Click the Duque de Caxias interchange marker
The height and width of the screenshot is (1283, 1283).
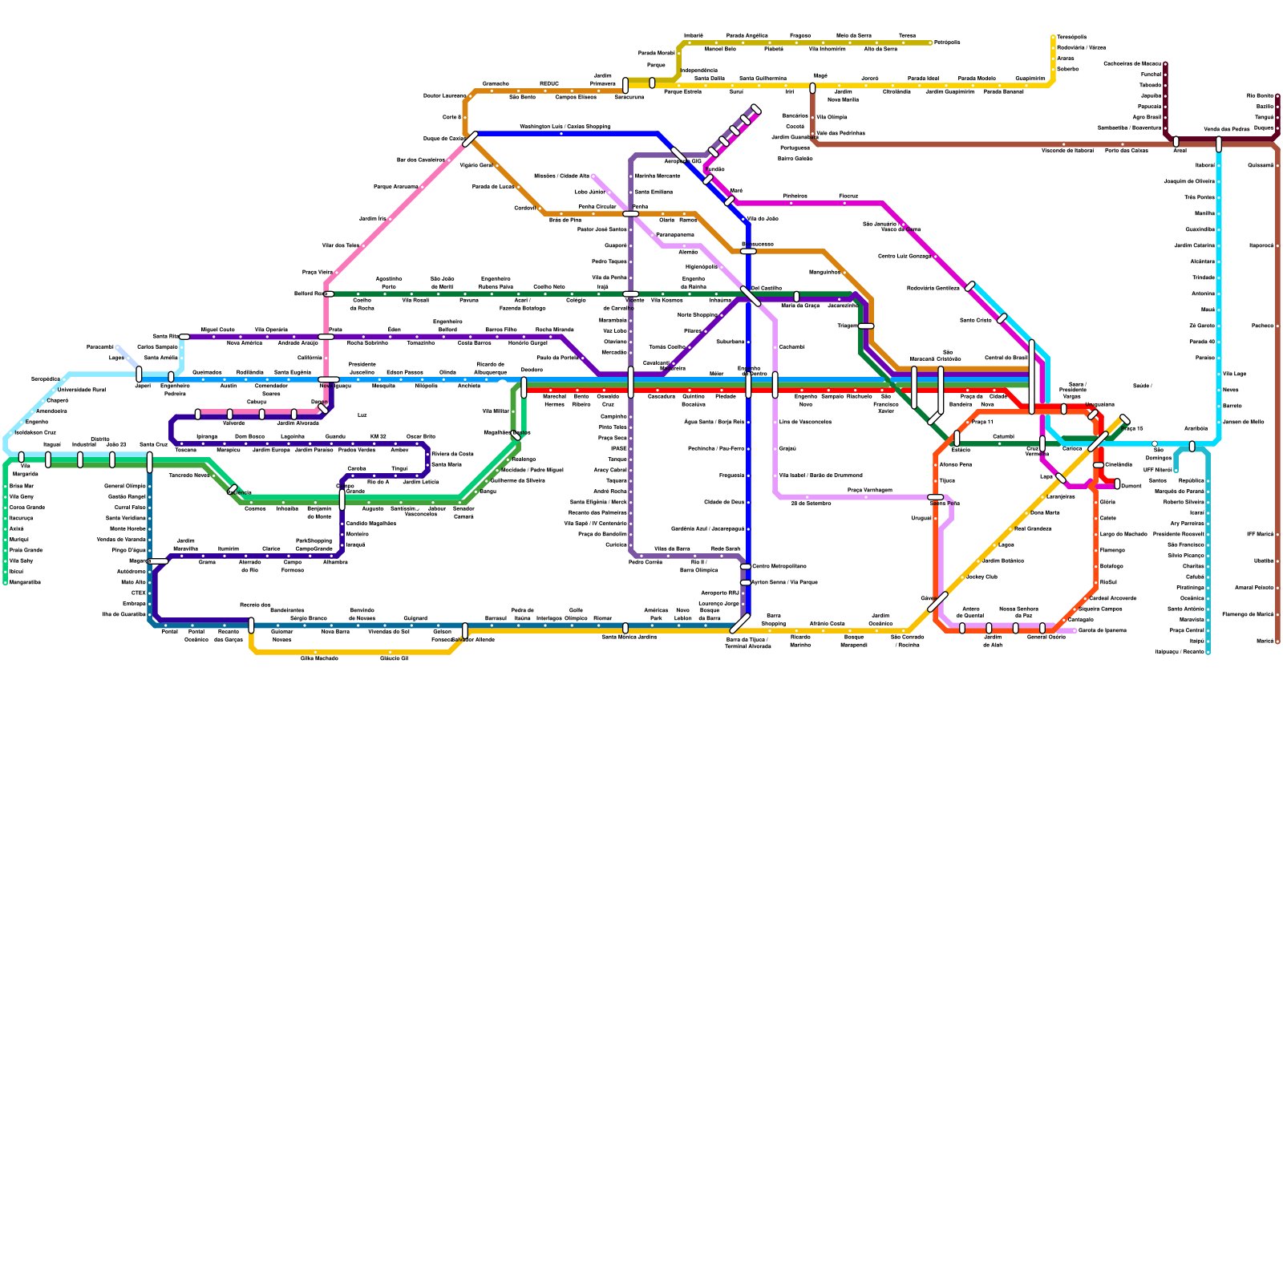pyautogui.click(x=471, y=139)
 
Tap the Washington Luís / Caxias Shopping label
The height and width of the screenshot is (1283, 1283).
pyautogui.click(x=565, y=127)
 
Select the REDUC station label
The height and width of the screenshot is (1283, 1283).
pyautogui.click(x=548, y=83)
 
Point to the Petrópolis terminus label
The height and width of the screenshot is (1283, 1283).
pyautogui.click(x=947, y=42)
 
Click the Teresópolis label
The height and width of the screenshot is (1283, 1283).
pyautogui.click(x=1071, y=37)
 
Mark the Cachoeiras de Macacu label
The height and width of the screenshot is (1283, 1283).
pyautogui.click(x=1131, y=63)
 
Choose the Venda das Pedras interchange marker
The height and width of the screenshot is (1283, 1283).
pyautogui.click(x=1219, y=144)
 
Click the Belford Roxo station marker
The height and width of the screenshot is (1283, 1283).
pyautogui.click(x=329, y=293)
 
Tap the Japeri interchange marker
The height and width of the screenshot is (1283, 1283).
pyautogui.click(x=140, y=374)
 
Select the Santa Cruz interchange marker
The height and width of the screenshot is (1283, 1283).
pyautogui.click(x=150, y=461)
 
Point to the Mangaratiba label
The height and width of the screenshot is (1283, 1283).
pyautogui.click(x=25, y=582)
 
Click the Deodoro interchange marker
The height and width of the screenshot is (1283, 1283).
pyautogui.click(x=524, y=387)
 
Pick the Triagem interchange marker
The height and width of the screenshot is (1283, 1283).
pyautogui.click(x=866, y=326)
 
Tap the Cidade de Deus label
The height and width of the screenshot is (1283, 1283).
pyautogui.click(x=724, y=502)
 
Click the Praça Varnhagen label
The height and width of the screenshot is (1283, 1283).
pyautogui.click(x=869, y=490)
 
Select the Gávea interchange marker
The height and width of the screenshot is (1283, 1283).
pyautogui.click(x=937, y=601)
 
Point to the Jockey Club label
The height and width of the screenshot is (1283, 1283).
pyautogui.click(x=981, y=577)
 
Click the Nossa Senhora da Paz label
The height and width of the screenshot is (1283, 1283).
pyautogui.click(x=1018, y=612)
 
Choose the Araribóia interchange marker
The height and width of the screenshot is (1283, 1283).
pyautogui.click(x=1192, y=446)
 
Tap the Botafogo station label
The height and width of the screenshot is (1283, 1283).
pyautogui.click(x=1111, y=566)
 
